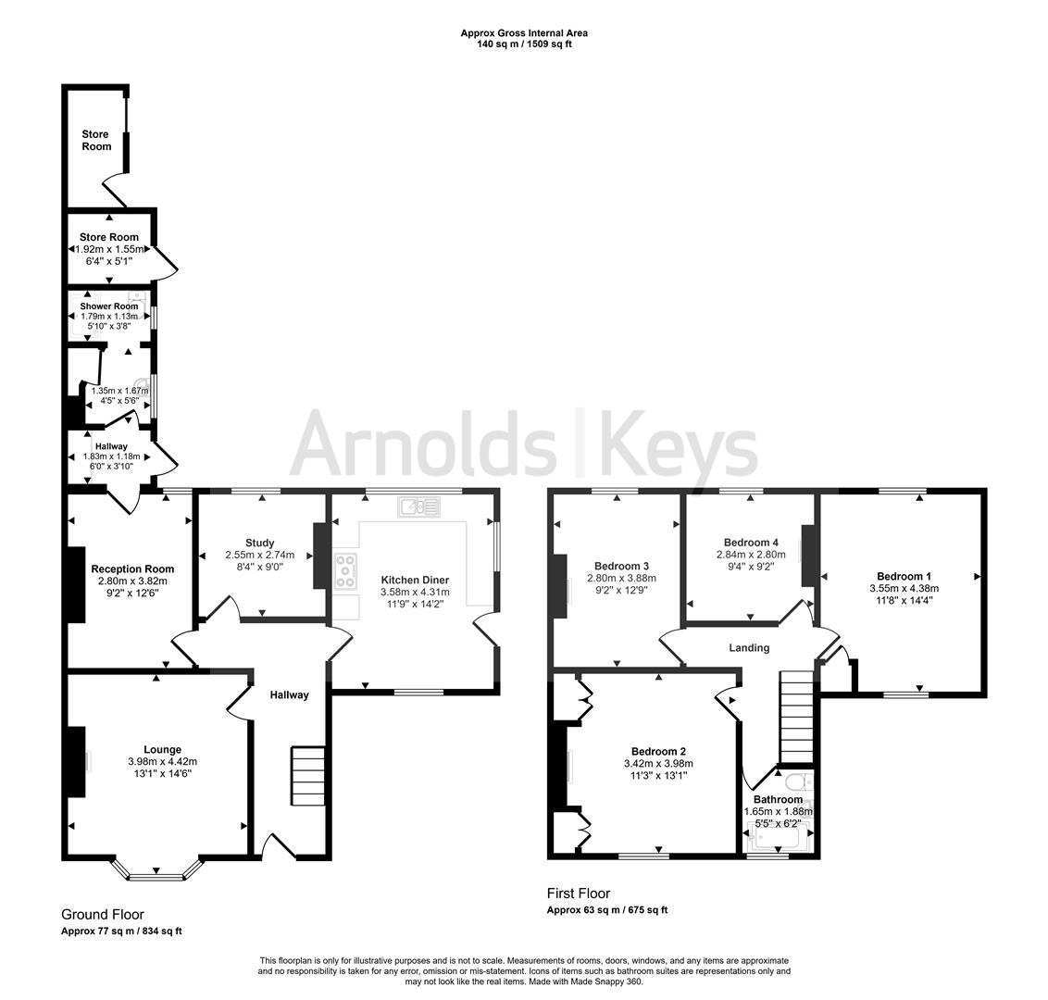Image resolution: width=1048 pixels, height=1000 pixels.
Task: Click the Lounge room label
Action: click(x=162, y=750)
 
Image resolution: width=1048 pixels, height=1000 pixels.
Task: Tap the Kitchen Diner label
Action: click(x=415, y=580)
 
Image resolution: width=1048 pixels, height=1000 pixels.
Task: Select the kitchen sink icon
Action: click(x=419, y=506)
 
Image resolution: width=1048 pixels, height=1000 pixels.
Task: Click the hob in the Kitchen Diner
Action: click(x=346, y=571)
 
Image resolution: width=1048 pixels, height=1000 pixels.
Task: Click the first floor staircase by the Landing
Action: click(x=796, y=717)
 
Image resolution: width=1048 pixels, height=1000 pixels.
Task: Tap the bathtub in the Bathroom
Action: click(x=779, y=839)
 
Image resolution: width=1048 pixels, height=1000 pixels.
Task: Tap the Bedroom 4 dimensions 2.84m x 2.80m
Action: click(x=750, y=556)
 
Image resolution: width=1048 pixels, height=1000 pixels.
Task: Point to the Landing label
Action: click(x=748, y=648)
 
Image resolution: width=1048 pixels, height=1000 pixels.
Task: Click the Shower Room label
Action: click(x=108, y=306)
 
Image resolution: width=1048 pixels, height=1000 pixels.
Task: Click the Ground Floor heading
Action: click(x=103, y=914)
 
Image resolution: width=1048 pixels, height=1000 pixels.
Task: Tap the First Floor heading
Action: click(x=579, y=894)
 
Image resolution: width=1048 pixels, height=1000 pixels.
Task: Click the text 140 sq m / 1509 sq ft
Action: click(x=524, y=44)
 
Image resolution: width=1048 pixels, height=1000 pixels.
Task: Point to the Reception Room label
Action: click(x=132, y=569)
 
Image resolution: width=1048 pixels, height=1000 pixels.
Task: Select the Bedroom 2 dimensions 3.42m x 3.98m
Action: click(x=658, y=764)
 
